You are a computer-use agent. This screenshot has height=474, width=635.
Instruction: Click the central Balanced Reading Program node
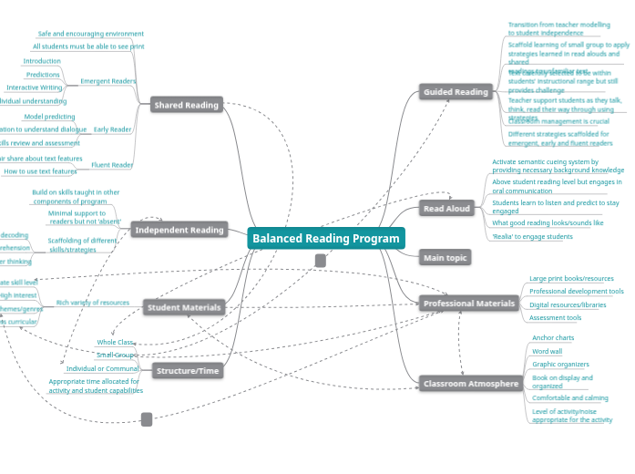click(x=325, y=239)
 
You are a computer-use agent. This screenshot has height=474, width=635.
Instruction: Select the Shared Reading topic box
click(x=186, y=105)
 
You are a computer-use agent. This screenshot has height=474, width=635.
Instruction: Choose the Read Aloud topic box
click(x=447, y=209)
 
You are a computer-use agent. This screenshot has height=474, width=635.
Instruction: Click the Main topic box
click(x=446, y=258)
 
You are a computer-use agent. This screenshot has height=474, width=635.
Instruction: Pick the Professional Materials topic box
click(x=469, y=304)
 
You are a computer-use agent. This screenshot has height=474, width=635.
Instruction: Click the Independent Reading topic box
click(x=179, y=230)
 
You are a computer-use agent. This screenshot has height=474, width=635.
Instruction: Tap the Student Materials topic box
click(x=185, y=308)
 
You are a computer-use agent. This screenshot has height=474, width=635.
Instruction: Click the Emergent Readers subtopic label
click(x=108, y=81)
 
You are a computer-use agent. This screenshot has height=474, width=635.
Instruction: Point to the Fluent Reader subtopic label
click(x=112, y=165)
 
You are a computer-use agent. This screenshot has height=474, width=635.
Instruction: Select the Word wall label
click(x=547, y=351)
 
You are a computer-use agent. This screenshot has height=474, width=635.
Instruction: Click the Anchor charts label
click(x=553, y=337)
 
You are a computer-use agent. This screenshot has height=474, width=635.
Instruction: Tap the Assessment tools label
click(x=555, y=318)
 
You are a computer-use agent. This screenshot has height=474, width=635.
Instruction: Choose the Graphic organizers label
click(x=560, y=365)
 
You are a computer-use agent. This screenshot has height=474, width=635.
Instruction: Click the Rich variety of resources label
click(x=93, y=302)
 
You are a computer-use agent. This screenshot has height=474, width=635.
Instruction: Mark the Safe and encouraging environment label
click(x=90, y=34)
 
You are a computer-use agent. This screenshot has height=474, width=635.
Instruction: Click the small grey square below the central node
click(x=321, y=261)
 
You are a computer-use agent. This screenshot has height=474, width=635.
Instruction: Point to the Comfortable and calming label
click(x=569, y=398)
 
